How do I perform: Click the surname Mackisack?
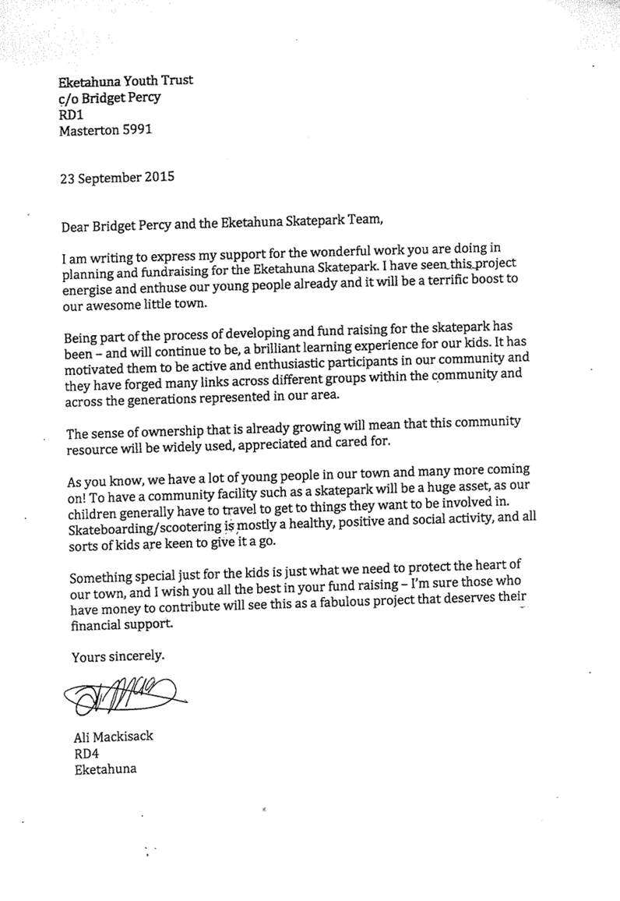click(125, 736)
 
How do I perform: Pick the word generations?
click(163, 401)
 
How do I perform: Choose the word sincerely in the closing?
click(135, 656)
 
